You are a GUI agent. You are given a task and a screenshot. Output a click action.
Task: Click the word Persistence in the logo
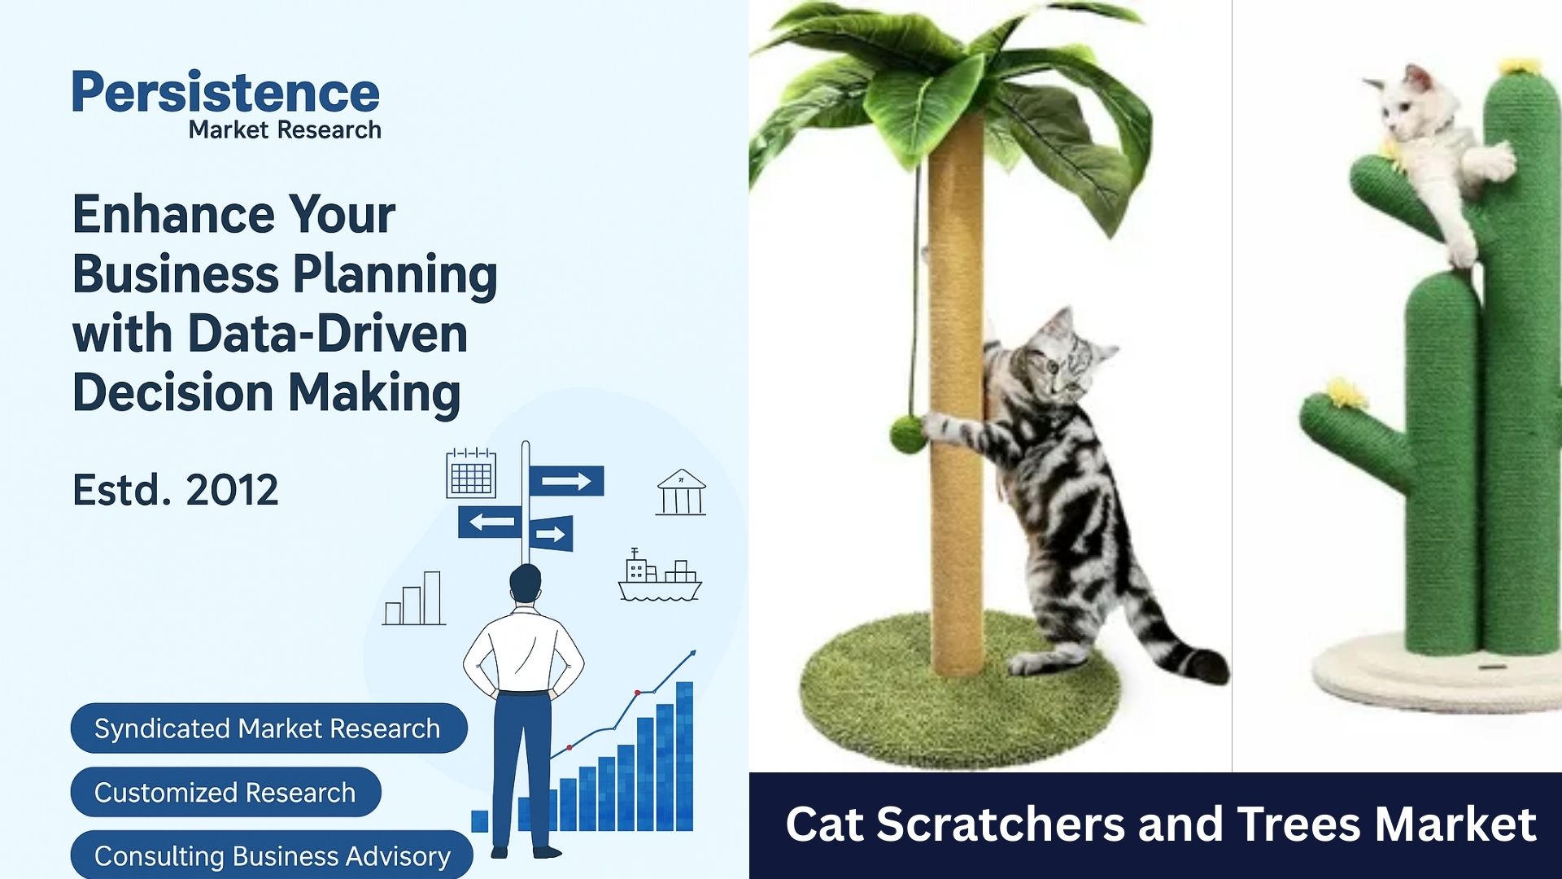(226, 92)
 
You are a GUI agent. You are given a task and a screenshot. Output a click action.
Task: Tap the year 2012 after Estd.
(232, 490)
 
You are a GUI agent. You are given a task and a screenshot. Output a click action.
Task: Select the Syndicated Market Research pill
(268, 728)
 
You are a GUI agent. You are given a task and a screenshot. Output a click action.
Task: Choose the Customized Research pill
(225, 792)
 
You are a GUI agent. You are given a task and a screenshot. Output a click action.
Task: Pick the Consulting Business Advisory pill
(272, 855)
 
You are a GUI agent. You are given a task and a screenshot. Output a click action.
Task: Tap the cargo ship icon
(660, 575)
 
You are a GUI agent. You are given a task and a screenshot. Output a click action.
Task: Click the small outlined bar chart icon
(414, 598)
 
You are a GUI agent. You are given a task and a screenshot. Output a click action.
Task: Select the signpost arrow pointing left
(490, 522)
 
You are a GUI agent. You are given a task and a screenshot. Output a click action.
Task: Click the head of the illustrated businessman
(525, 584)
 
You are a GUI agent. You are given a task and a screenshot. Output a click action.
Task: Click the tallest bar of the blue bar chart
(685, 756)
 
